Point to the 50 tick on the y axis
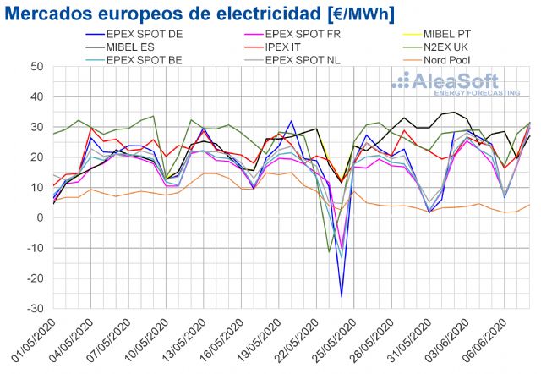click(37, 66)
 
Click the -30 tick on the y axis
click(35, 309)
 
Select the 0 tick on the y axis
click(41, 217)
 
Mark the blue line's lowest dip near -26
click(342, 297)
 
